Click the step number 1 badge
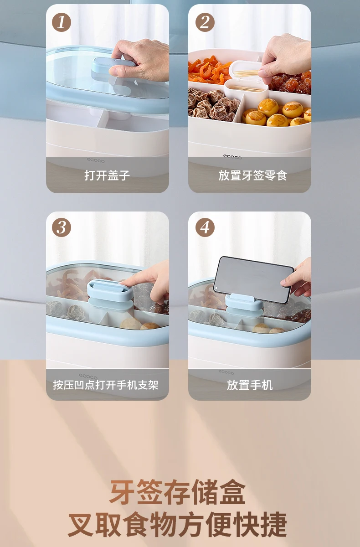coord(62,22)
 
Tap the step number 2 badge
coord(205,22)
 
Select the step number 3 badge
coord(62,227)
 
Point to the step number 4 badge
coord(205,227)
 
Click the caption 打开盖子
coord(107,175)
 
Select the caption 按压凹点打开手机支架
coord(106,384)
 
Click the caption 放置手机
coord(250,384)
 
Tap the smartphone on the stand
coord(253,279)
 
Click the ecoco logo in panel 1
coord(96,160)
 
